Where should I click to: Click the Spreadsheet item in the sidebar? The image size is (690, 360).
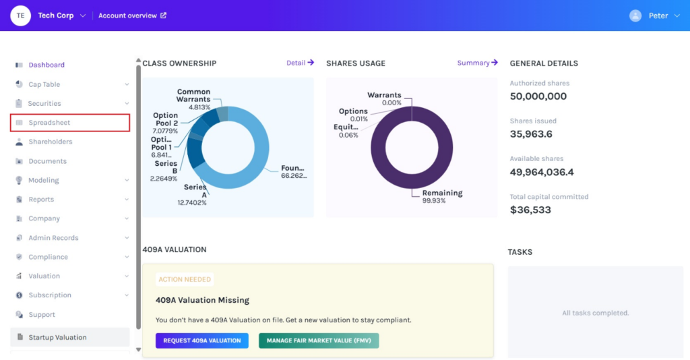coord(49,123)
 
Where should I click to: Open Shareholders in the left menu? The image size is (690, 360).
coord(50,142)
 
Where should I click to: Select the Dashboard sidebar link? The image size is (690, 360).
coord(46,65)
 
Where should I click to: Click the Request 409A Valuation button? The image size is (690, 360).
coord(201,340)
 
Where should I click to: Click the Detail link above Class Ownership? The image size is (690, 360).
coord(300,63)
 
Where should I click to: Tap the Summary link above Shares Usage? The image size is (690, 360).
coord(477,63)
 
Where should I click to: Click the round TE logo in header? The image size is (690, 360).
coord(21,16)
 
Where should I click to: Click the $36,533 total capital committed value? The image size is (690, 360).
coord(530,210)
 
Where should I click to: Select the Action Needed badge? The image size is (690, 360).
coord(185,279)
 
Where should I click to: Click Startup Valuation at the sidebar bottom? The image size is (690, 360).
coord(57,337)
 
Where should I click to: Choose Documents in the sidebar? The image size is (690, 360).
coord(47,161)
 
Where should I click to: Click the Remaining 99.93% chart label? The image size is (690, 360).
coord(441,196)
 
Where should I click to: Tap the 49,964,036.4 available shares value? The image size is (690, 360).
coord(551,172)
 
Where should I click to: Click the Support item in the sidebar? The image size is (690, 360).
coord(42,315)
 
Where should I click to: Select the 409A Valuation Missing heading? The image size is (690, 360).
coord(202,300)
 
